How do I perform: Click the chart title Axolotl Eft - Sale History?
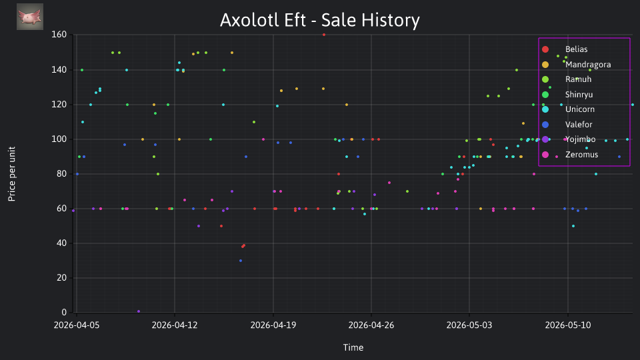[319, 20]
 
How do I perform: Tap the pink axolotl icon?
[30, 17]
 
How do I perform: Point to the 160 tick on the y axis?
[59, 35]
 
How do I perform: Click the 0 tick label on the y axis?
[64, 312]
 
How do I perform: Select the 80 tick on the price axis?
[61, 173]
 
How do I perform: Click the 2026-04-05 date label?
[76, 325]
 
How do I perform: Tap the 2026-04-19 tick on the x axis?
[273, 325]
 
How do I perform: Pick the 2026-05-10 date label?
[568, 325]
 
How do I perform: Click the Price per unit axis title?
[12, 174]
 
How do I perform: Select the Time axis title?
[353, 348]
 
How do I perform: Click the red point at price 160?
[324, 35]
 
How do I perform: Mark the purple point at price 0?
[139, 311]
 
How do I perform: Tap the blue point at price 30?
[241, 261]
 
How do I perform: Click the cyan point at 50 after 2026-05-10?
[573, 226]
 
